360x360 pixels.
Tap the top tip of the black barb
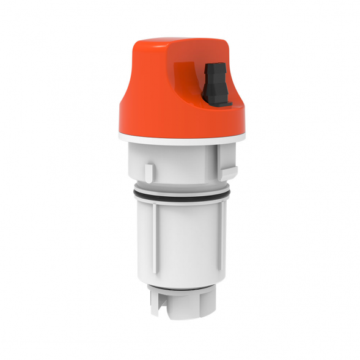(x=214, y=64)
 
